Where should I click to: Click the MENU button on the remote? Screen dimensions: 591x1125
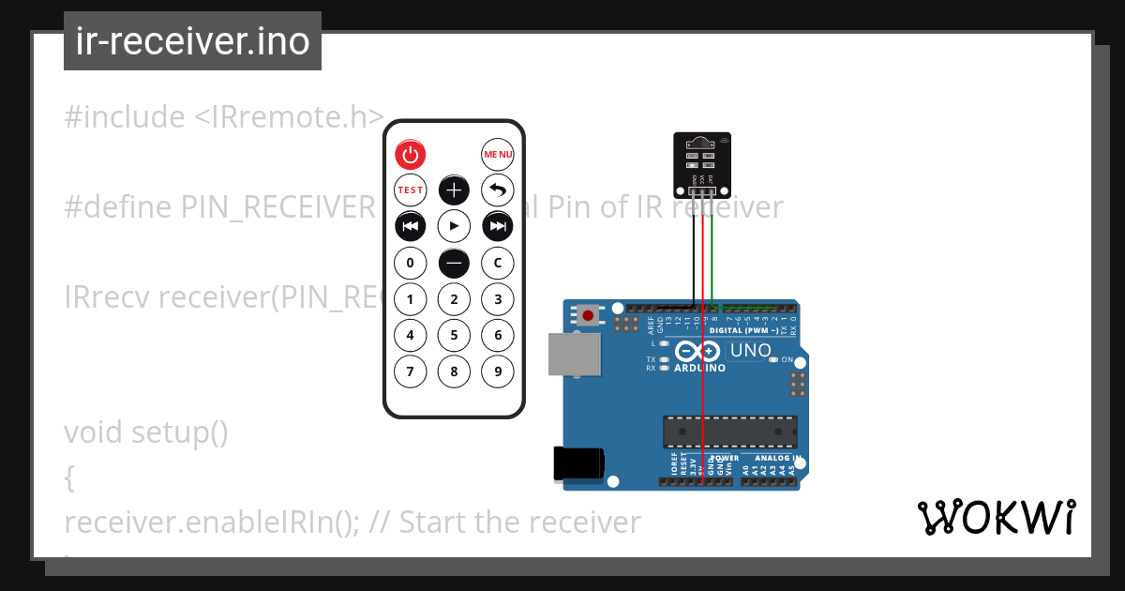click(498, 154)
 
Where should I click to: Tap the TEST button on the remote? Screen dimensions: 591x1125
click(410, 189)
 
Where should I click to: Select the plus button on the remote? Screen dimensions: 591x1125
click(454, 190)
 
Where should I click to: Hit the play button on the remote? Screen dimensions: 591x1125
click(454, 226)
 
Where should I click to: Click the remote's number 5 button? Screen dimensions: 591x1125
click(454, 335)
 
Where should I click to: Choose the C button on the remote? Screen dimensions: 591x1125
click(498, 263)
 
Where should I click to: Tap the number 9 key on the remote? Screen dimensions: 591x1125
click(498, 371)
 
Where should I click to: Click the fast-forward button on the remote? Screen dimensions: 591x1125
click(498, 226)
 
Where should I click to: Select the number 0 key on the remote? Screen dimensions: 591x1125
click(410, 263)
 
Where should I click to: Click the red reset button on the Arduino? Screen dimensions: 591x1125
click(588, 315)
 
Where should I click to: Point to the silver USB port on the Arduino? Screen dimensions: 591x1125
click(574, 355)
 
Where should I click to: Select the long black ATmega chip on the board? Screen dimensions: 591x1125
click(729, 432)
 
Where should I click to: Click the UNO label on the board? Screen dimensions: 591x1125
click(750, 351)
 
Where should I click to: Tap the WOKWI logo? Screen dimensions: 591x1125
click(996, 517)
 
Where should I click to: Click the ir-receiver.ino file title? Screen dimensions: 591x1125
click(192, 42)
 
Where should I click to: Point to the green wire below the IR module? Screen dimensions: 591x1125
click(713, 253)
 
